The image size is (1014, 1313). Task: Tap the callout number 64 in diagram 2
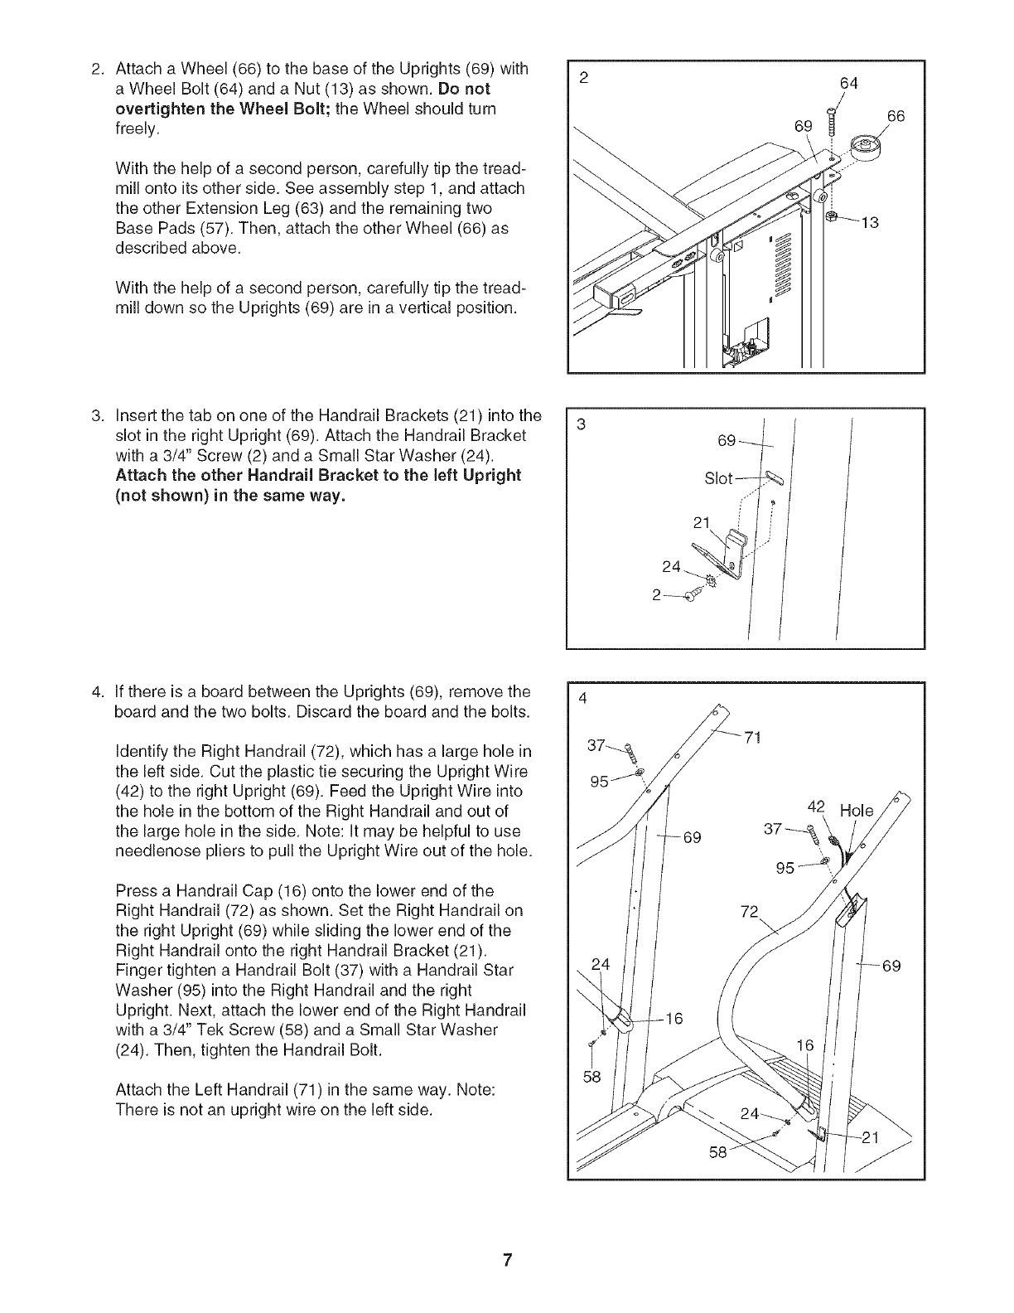tap(848, 83)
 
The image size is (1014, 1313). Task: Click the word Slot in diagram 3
tap(718, 479)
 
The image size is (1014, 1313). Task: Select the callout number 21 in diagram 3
tap(702, 522)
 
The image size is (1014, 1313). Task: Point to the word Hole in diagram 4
tap(857, 811)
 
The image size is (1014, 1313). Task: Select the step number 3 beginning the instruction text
tap(97, 415)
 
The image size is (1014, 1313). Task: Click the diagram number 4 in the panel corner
tap(582, 698)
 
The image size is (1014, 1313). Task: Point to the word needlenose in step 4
tap(152, 851)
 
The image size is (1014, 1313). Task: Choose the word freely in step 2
tap(137, 128)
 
